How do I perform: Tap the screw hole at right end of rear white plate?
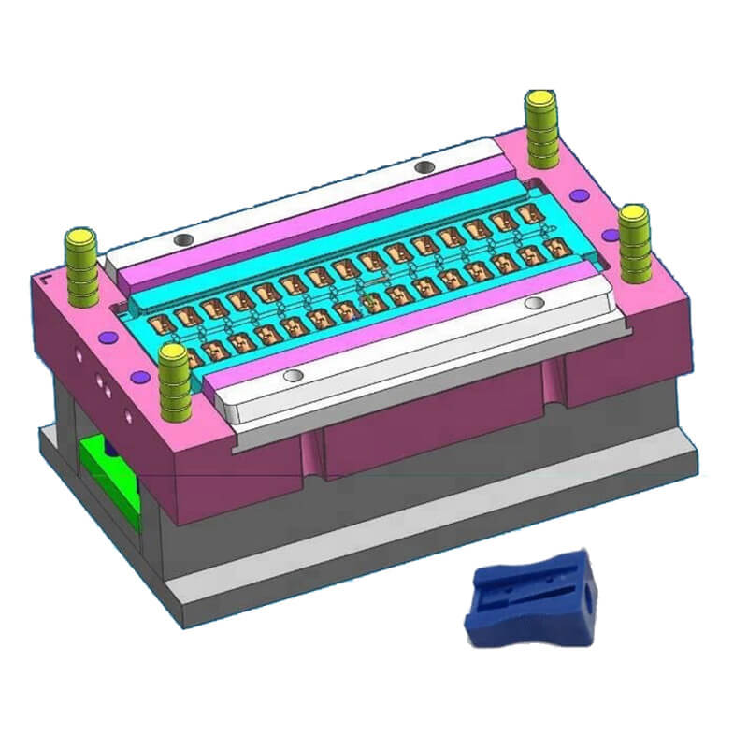424,166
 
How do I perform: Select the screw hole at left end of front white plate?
294,375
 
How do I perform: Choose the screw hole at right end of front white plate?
534,303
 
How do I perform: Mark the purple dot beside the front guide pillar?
141,376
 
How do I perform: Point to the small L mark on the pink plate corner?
44,278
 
